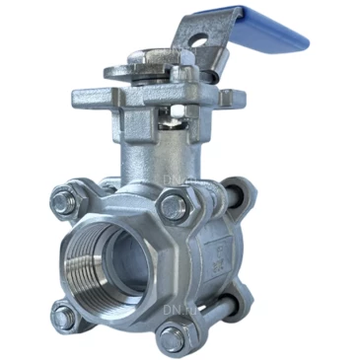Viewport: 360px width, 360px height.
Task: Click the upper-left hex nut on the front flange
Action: pos(61,201)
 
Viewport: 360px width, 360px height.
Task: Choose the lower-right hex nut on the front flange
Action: pos(173,338)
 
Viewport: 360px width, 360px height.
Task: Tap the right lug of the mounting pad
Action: pos(233,99)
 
